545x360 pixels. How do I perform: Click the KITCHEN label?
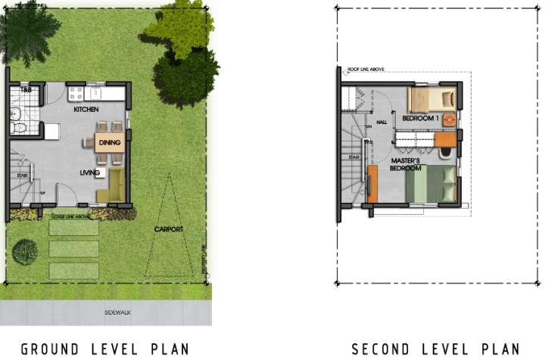click(x=86, y=110)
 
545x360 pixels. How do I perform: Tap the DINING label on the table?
click(x=110, y=143)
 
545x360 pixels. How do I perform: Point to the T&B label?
click(x=25, y=91)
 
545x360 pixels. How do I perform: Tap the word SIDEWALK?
click(x=121, y=312)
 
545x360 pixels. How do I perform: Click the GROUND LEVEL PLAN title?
click(x=104, y=349)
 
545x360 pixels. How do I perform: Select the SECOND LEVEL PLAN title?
click(x=435, y=349)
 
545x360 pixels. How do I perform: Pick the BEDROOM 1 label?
click(x=419, y=119)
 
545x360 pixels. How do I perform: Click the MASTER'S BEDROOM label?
click(x=406, y=165)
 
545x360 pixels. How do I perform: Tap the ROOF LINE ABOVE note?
click(x=366, y=69)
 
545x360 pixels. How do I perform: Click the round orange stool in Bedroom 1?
click(x=449, y=119)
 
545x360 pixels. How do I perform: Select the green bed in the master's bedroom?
click(x=431, y=185)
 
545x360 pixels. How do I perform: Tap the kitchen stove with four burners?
click(x=76, y=94)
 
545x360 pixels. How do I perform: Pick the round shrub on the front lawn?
click(x=25, y=251)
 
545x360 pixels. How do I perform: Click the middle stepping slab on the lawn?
click(x=73, y=248)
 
